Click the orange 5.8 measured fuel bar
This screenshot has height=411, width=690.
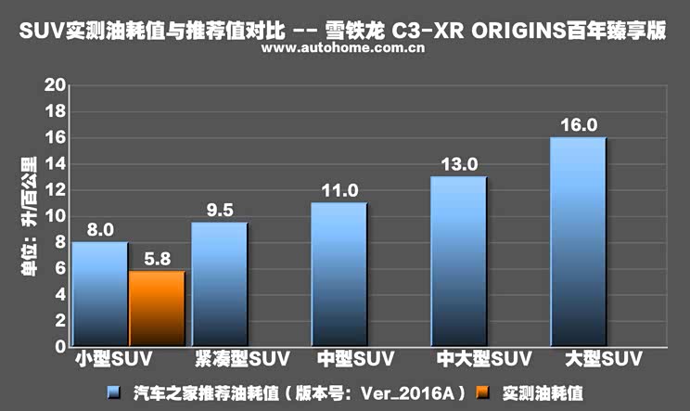coord(157,308)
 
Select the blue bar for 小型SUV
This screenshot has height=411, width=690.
coord(100,294)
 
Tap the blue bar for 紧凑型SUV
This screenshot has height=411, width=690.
coord(220,284)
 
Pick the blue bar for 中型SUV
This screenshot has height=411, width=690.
coord(339,275)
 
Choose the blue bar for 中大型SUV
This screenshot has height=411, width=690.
coord(459,262)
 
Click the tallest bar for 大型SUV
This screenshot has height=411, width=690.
coord(579,242)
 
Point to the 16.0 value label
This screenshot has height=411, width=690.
coord(579,125)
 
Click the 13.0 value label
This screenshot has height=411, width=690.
coord(459,164)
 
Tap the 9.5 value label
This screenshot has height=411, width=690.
coord(220,211)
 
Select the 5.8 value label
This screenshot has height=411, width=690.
coord(157,259)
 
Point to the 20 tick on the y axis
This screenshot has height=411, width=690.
coord(55,85)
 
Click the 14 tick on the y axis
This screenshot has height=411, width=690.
coord(55,163)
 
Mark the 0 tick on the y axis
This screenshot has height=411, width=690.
coord(60,346)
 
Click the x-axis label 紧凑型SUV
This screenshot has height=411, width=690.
coord(242,359)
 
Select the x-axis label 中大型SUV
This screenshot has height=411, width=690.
coord(484,359)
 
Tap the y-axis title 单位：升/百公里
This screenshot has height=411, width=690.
coord(29,216)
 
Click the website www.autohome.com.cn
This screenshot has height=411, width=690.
coord(343,47)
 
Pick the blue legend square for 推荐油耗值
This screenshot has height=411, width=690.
coord(114,392)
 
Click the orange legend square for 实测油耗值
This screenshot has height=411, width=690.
coord(483,392)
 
